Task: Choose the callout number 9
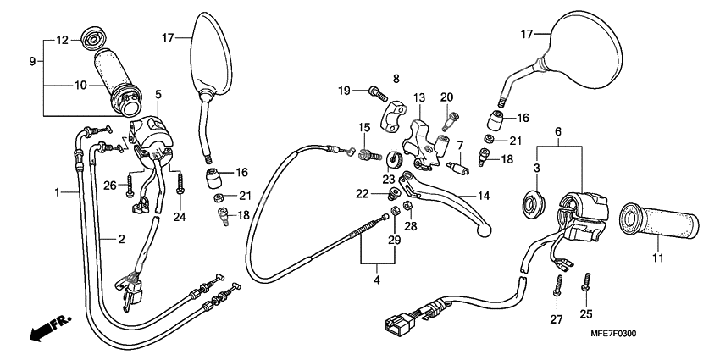pos(33,62)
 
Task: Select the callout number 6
pos(557,132)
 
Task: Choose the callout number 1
pos(57,193)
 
